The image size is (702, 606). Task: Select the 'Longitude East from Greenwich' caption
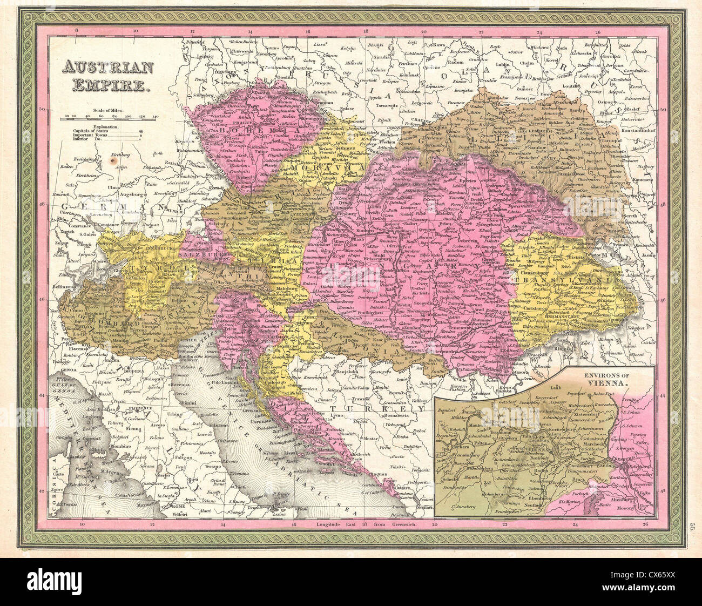click(367, 524)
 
